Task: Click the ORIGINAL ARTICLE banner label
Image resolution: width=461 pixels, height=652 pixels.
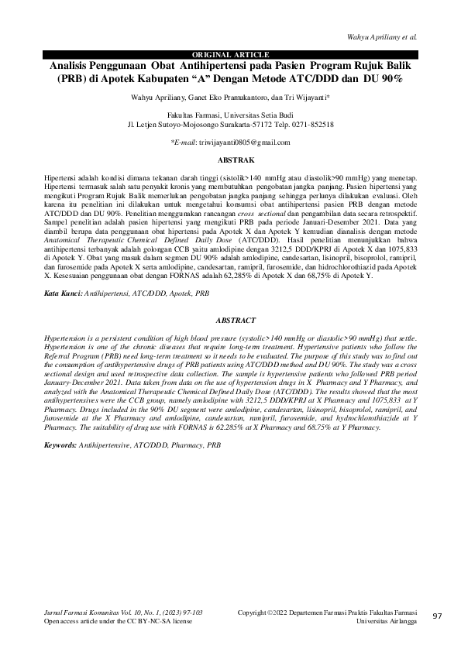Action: (x=230, y=54)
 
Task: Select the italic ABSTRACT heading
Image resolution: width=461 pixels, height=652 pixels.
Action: (x=230, y=319)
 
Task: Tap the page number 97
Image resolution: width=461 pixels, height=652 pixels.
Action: (x=437, y=616)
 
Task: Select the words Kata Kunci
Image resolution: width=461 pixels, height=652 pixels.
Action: (x=62, y=295)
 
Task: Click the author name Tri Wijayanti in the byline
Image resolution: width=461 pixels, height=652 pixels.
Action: (x=304, y=98)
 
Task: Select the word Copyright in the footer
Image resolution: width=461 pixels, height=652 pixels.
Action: (x=255, y=613)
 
